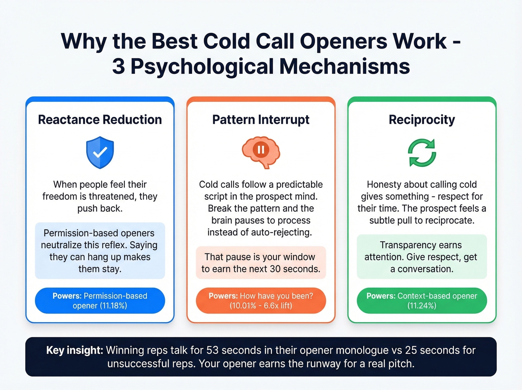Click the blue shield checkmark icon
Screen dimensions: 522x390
point(100,152)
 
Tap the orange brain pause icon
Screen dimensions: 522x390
point(261,152)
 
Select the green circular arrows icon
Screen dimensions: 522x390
point(422,153)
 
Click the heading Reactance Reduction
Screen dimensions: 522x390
point(100,120)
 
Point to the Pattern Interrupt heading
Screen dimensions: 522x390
point(261,120)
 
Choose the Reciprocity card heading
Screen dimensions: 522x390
point(422,120)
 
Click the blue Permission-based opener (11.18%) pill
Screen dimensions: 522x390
point(100,300)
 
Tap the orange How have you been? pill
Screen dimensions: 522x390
point(261,300)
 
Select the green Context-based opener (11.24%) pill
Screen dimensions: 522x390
point(422,300)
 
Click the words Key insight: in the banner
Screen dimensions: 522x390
point(74,350)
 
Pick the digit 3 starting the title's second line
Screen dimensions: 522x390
point(119,66)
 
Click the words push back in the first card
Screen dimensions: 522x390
point(100,209)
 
